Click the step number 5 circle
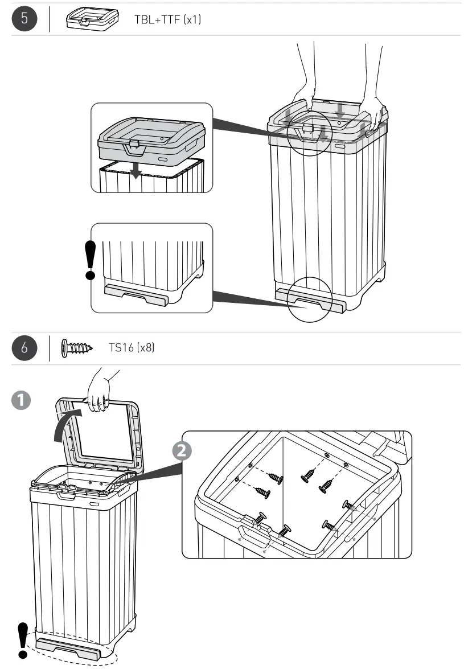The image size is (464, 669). click(24, 19)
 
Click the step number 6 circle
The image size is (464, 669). click(24, 348)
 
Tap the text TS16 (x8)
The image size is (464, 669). click(132, 348)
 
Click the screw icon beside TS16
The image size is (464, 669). click(77, 348)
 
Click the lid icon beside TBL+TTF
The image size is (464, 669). click(91, 20)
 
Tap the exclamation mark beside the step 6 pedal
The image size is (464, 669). click(23, 643)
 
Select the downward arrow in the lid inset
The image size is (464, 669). click(135, 170)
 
